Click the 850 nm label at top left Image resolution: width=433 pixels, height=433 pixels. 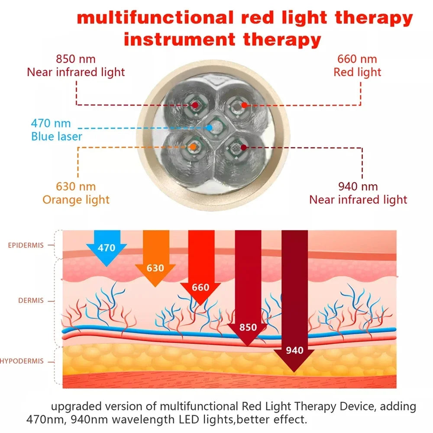(x=76, y=59)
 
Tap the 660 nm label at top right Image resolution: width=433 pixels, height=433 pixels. (x=357, y=59)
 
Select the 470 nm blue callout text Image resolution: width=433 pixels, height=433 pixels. (x=51, y=124)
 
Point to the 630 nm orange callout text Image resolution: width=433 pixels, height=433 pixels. (x=76, y=187)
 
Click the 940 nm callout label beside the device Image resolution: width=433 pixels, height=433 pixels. (x=358, y=187)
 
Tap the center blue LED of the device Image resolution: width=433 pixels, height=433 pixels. (x=210, y=128)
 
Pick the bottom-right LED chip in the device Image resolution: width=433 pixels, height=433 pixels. (x=243, y=148)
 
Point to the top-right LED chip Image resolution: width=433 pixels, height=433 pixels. (x=244, y=105)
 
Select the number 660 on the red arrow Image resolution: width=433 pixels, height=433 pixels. (x=200, y=288)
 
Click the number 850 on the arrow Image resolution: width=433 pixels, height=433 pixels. (x=248, y=328)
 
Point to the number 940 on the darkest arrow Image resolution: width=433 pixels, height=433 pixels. (x=294, y=350)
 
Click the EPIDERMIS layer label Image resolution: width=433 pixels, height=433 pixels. (x=26, y=246)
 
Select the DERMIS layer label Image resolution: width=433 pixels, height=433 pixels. (x=31, y=301)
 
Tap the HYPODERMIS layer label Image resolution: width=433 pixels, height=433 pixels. (x=22, y=361)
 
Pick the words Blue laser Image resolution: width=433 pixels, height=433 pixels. (x=56, y=137)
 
